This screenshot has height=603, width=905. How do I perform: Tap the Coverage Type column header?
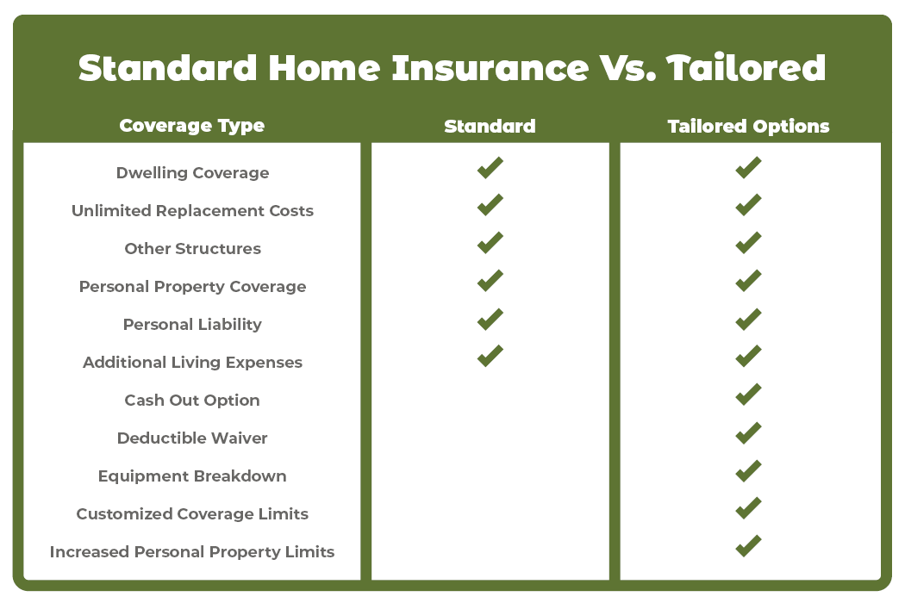pos(192,126)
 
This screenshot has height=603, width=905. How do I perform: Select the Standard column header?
pos(490,126)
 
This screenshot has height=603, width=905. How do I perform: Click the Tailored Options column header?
pos(748,126)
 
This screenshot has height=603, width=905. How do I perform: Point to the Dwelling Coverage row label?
pos(192,173)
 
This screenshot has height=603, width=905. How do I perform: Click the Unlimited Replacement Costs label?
pos(192,211)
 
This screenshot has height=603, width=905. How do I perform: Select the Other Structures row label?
pos(192,249)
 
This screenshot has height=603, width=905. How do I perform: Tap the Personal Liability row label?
pos(192,325)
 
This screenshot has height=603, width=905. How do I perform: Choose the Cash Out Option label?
pos(192,401)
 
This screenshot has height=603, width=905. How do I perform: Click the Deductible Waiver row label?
pos(192,438)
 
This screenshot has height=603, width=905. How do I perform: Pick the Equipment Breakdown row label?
pos(192,476)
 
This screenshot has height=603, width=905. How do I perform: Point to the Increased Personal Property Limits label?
pos(192,552)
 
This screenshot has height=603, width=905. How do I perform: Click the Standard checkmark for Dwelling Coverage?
pos(490,168)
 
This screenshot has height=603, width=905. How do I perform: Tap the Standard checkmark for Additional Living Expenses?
pos(490,356)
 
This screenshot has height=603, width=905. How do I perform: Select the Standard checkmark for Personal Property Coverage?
pos(490,281)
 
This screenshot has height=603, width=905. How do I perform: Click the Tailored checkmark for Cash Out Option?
pos(748,395)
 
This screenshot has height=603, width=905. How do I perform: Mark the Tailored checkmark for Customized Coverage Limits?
pos(748,508)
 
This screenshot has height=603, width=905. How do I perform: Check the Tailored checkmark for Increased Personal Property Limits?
pos(748,546)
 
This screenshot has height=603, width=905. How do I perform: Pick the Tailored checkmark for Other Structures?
pos(748,243)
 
